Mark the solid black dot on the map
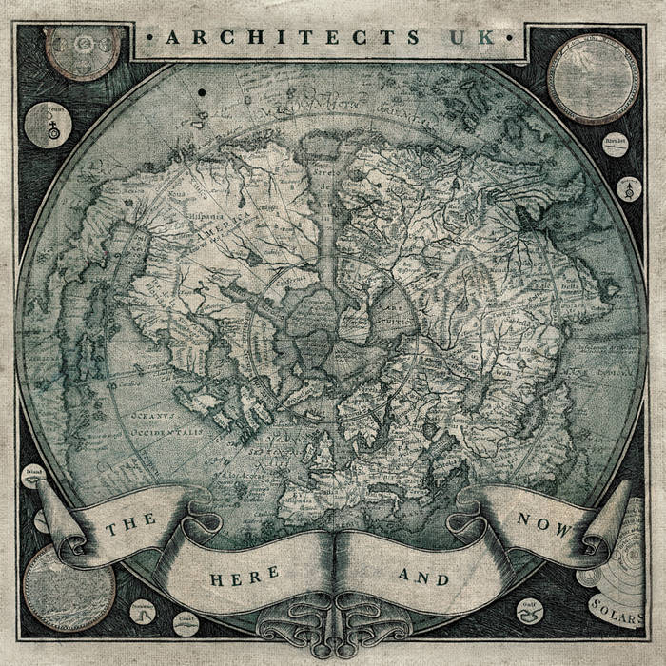[204, 91]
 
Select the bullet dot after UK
[511, 38]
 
